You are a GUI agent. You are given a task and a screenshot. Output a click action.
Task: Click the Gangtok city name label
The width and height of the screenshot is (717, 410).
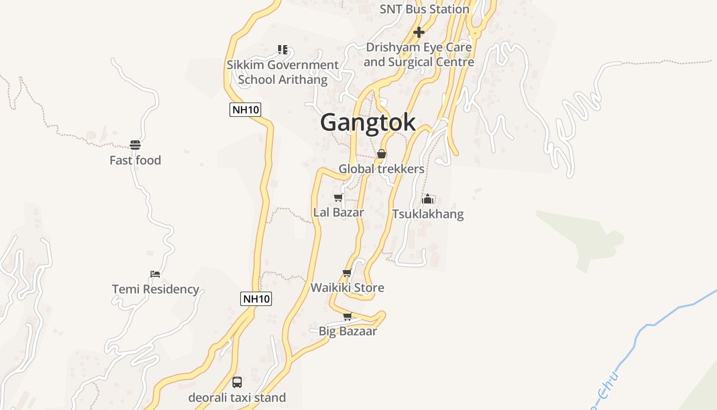tap(368, 123)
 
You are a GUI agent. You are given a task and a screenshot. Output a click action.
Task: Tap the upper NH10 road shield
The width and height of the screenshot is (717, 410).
tap(245, 109)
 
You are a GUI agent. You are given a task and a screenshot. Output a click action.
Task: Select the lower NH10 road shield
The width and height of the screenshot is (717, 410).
tap(256, 299)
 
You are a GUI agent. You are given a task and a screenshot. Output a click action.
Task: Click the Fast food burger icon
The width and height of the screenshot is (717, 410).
tap(135, 146)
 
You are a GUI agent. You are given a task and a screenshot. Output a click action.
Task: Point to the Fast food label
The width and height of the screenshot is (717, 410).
tap(135, 160)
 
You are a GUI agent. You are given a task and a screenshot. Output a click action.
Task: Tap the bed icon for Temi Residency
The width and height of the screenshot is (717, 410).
tap(155, 274)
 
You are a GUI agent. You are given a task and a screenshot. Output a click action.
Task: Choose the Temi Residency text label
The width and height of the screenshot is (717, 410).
tap(156, 290)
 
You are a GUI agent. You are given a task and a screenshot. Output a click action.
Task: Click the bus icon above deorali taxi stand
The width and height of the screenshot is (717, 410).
tap(237, 382)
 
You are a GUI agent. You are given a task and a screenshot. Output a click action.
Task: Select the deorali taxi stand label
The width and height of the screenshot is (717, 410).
tap(237, 398)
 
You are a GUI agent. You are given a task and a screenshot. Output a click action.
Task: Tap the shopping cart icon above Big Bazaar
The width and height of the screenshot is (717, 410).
tap(348, 316)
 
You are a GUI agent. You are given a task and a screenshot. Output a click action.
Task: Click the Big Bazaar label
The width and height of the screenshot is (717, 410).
tap(348, 331)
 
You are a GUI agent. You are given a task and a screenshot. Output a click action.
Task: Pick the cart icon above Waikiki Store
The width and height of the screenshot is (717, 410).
tap(347, 273)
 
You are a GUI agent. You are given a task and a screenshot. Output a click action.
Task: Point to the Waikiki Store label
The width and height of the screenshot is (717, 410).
tap(347, 288)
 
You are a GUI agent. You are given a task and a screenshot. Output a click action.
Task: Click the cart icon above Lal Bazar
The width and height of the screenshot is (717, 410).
tap(338, 197)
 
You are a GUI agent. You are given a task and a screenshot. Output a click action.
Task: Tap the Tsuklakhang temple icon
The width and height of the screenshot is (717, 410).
tap(428, 199)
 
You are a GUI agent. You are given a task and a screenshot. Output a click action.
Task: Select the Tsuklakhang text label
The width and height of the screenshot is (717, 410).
tap(428, 214)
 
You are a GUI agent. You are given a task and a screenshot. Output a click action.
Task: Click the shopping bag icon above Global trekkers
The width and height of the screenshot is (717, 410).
tap(382, 154)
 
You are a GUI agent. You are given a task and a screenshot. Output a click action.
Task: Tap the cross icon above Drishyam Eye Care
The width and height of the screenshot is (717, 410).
tap(419, 32)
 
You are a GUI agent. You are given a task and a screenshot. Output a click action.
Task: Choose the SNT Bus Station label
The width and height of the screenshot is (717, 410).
tap(424, 9)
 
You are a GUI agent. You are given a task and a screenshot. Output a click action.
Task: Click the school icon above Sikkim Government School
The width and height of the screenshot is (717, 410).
tap(283, 50)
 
